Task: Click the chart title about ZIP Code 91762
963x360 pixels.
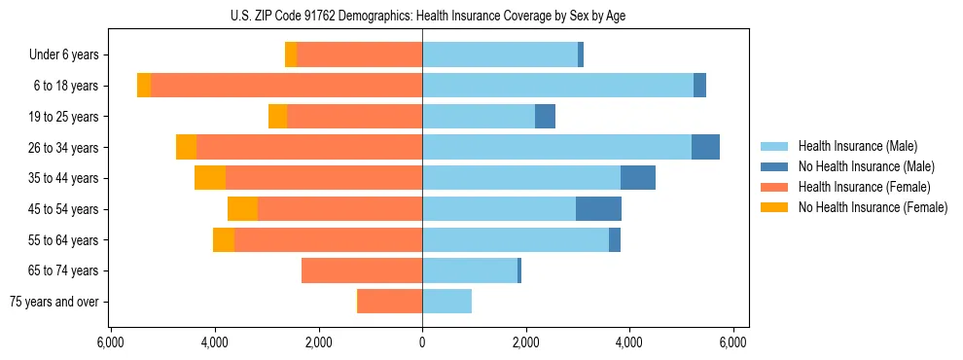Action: click(x=421, y=16)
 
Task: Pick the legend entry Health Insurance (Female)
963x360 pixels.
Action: click(x=863, y=187)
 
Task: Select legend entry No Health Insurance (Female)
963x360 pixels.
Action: click(x=872, y=207)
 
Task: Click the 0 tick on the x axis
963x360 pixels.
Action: click(x=422, y=342)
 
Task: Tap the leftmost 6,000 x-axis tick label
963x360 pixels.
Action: click(x=111, y=342)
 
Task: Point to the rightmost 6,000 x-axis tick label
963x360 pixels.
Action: click(x=732, y=342)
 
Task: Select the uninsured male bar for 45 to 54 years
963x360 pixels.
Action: click(x=598, y=209)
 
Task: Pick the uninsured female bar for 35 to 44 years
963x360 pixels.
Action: click(x=210, y=178)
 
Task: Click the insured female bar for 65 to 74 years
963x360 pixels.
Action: click(x=362, y=270)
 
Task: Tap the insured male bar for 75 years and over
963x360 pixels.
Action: click(x=446, y=302)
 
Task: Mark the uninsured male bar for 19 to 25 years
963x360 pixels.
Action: click(x=545, y=117)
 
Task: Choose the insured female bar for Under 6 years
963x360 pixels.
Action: click(x=360, y=55)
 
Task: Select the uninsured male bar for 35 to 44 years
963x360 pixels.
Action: click(x=637, y=178)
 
